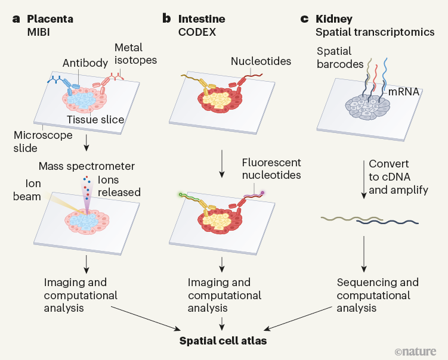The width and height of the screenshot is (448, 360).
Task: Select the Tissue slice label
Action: (95, 120)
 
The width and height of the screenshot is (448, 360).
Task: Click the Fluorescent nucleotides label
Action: (271, 168)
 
